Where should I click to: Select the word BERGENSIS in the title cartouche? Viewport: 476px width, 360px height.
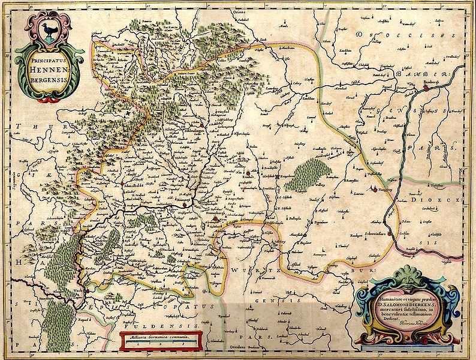(48, 82)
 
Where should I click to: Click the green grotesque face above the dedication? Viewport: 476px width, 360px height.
(408, 279)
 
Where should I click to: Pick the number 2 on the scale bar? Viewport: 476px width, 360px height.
(158, 345)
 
